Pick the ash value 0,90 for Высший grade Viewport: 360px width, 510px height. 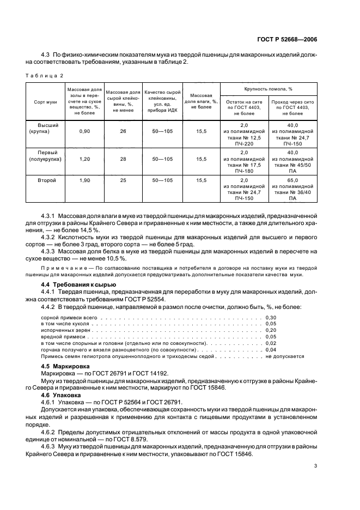(84, 132)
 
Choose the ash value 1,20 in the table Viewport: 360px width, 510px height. (84, 159)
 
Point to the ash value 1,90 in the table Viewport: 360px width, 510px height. (84, 180)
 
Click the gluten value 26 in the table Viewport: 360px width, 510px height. (123, 132)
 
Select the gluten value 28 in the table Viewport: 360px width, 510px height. (123, 159)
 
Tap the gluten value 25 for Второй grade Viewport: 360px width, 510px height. (123, 180)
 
